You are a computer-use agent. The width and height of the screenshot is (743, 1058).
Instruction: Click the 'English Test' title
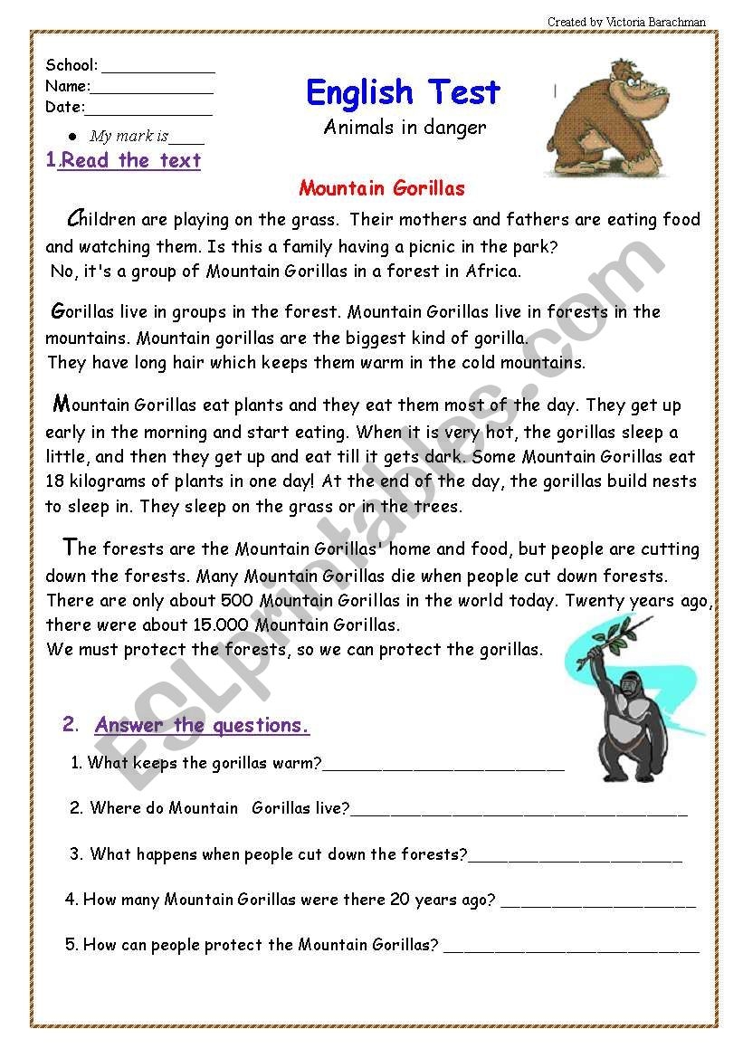[403, 92]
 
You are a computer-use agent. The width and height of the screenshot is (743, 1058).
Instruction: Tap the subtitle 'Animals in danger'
[405, 128]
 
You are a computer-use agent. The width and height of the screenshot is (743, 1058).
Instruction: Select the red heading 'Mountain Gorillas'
[381, 188]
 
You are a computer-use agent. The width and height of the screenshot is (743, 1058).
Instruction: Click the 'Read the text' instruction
[130, 161]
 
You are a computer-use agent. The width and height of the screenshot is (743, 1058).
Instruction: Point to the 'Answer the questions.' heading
[202, 725]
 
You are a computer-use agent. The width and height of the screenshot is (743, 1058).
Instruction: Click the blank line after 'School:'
[158, 68]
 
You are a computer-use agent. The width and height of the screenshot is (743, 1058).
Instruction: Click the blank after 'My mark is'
[186, 139]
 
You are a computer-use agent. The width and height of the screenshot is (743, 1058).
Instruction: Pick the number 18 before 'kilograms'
[55, 482]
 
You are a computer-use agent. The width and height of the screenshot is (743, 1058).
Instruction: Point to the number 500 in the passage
[233, 600]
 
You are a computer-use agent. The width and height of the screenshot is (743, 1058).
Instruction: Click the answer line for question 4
[598, 903]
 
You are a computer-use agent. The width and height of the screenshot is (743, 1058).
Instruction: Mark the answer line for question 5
[571, 948]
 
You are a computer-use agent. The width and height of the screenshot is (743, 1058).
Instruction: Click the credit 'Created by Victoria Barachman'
[626, 22]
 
